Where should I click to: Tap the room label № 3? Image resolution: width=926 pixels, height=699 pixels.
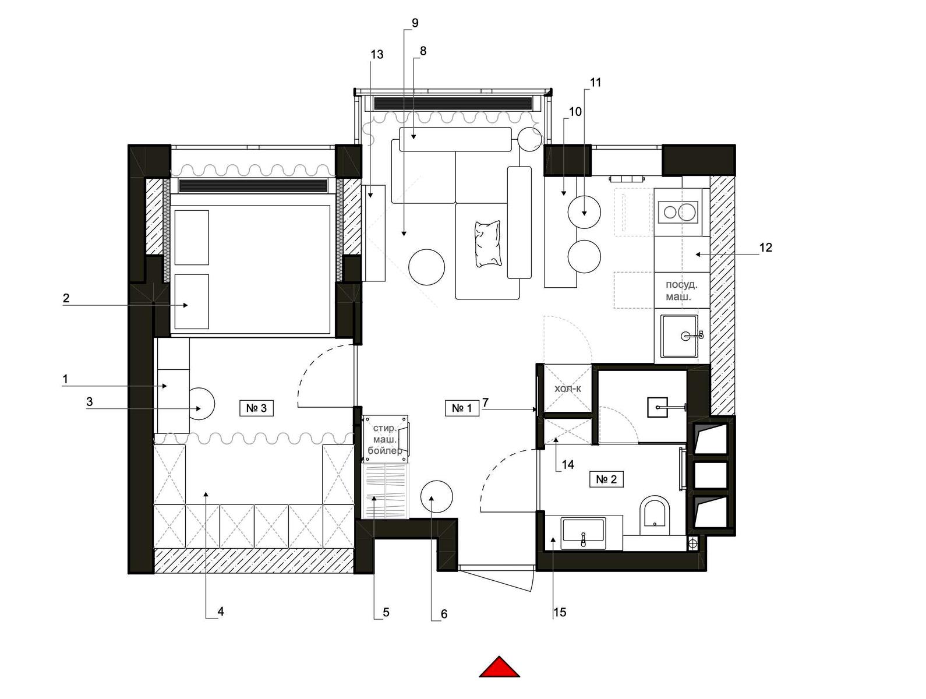tap(256, 408)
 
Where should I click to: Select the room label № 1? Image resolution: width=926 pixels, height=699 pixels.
tap(462, 408)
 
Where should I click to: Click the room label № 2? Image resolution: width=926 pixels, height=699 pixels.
tap(606, 479)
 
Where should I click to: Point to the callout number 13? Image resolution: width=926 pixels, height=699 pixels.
tap(377, 54)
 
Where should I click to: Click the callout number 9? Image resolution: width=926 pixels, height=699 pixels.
tap(415, 23)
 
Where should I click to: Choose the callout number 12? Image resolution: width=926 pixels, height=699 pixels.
tap(765, 247)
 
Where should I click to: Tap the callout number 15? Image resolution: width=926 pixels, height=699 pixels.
tap(560, 612)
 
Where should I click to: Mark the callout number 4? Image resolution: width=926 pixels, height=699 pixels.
tap(221, 611)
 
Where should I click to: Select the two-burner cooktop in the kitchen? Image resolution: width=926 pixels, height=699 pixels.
tap(678, 212)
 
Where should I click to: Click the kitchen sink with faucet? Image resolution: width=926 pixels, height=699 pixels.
tap(679, 336)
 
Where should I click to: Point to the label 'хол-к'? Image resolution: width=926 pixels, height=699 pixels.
tap(567, 389)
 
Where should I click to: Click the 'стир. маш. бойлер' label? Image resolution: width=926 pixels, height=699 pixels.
tap(385, 439)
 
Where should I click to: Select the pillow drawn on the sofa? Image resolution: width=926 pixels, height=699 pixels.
tap(488, 243)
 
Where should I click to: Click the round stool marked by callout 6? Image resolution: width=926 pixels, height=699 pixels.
tap(437, 497)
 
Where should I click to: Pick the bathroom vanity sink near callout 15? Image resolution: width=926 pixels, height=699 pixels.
tap(583, 533)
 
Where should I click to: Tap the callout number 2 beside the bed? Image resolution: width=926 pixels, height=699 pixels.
tap(66, 298)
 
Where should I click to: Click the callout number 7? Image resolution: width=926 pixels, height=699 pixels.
tap(485, 403)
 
